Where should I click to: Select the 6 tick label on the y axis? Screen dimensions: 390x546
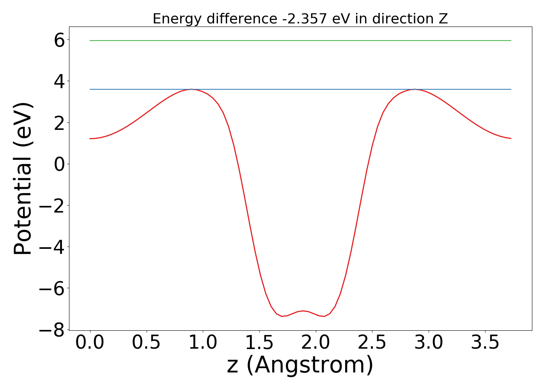(x=59, y=40)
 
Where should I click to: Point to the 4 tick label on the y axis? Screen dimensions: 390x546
(x=59, y=81)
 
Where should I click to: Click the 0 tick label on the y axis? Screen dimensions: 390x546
(x=59, y=164)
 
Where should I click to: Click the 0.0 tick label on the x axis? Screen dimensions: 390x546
(x=90, y=343)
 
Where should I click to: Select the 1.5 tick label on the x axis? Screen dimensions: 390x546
(x=259, y=343)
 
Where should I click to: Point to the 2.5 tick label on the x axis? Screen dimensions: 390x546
(x=372, y=343)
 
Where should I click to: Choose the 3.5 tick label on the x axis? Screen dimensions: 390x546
(x=485, y=343)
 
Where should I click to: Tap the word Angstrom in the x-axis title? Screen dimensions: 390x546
(x=310, y=365)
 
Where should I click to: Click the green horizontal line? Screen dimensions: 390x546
(x=300, y=41)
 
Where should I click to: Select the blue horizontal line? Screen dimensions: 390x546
(x=300, y=89)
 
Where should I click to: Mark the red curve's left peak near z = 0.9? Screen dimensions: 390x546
(x=191, y=90)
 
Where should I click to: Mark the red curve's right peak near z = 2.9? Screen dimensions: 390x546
(x=415, y=90)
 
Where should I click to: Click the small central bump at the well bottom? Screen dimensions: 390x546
(x=303, y=311)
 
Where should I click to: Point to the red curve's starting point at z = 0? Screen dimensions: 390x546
(x=90, y=138)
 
